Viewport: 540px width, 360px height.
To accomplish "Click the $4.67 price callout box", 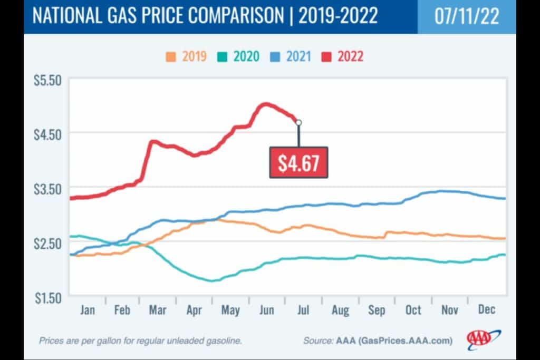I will (x=298, y=163).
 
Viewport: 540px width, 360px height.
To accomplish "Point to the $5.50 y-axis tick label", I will (x=48, y=80).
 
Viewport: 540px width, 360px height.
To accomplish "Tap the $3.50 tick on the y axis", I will (x=48, y=188).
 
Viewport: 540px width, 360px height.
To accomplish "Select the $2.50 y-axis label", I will (x=48, y=242).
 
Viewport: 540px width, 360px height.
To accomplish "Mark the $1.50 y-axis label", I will (x=48, y=297).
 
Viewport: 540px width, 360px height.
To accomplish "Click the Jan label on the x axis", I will (x=88, y=310).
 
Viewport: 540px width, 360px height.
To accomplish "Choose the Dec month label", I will (x=486, y=310).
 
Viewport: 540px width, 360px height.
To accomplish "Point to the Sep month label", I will (x=377, y=310).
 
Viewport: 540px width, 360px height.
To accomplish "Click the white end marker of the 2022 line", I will (x=299, y=123).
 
